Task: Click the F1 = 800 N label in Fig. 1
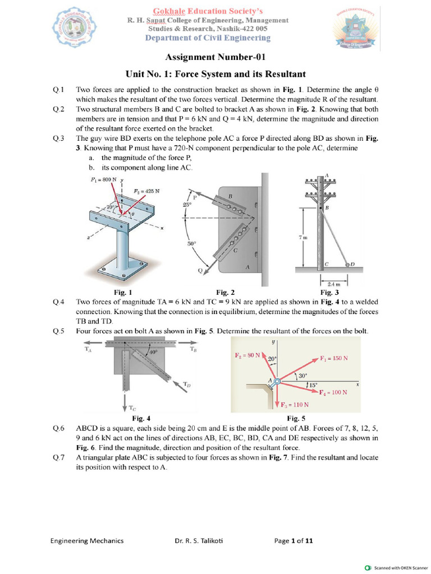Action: [104, 179]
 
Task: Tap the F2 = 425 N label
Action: [146, 191]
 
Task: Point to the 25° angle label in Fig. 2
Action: [187, 205]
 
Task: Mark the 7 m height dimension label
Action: [302, 238]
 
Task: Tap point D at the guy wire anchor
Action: [352, 263]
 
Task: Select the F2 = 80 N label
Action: [246, 355]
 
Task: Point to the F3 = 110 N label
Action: [295, 404]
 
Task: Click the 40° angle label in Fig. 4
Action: [153, 353]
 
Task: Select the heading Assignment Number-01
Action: [215, 57]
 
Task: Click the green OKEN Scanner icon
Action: [368, 567]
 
